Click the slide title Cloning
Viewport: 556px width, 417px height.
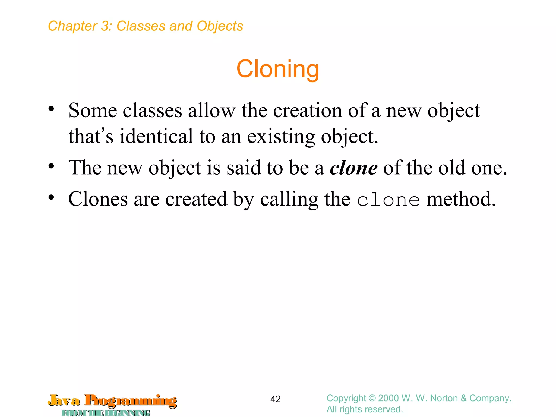[x=278, y=69]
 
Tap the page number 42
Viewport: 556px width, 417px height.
[x=275, y=399]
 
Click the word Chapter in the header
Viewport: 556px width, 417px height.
[x=72, y=26]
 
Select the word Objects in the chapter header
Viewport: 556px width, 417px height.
[x=220, y=26]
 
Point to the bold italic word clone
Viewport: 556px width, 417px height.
[x=353, y=168]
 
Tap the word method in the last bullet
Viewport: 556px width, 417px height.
[x=461, y=199]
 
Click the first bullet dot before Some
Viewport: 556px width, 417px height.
[x=51, y=109]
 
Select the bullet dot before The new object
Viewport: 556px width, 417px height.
[x=51, y=166]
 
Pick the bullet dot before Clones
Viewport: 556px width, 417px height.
[x=51, y=197]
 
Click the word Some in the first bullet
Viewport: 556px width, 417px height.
[x=93, y=111]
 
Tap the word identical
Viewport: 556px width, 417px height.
[x=156, y=136]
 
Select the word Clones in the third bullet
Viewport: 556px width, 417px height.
[x=98, y=199]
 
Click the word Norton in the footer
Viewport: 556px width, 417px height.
[x=444, y=398]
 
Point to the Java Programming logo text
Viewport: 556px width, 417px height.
[x=112, y=401]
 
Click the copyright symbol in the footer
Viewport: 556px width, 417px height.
[x=372, y=398]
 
